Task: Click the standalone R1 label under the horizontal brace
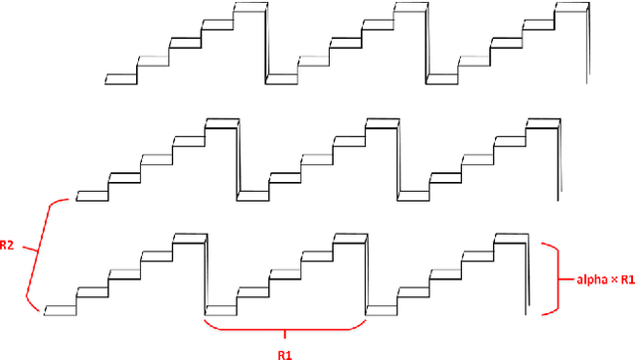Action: pos(285,349)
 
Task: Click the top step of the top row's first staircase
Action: pos(249,8)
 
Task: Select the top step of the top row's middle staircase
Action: pos(409,8)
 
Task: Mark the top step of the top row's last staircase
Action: pos(571,8)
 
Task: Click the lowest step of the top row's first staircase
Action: pos(120,76)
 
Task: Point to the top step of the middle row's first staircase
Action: pos(221,122)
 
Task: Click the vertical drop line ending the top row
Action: pos(586,45)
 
